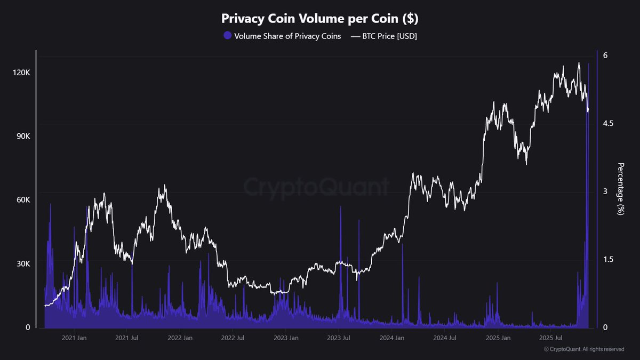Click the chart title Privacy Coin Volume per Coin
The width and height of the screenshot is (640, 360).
pyautogui.click(x=320, y=19)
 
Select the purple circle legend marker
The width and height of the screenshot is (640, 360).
pyautogui.click(x=228, y=36)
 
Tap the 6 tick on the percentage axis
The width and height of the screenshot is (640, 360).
pyautogui.click(x=605, y=55)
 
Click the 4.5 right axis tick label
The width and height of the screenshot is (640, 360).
pyautogui.click(x=608, y=124)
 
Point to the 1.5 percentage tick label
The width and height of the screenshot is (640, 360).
pyautogui.click(x=608, y=260)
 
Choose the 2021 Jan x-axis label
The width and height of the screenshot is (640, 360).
pyautogui.click(x=74, y=338)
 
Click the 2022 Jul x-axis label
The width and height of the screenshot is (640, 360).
pyautogui.click(x=233, y=338)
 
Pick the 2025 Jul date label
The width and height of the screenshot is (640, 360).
pyautogui.click(x=551, y=338)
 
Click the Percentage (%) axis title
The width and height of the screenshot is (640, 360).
pyautogui.click(x=620, y=189)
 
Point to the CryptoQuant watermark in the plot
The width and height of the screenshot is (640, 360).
pyautogui.click(x=316, y=187)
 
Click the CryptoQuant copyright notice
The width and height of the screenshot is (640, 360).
pyautogui.click(x=584, y=349)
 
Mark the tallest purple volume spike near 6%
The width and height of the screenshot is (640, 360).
pyautogui.click(x=589, y=64)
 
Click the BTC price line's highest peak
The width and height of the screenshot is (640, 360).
pyautogui.click(x=579, y=63)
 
